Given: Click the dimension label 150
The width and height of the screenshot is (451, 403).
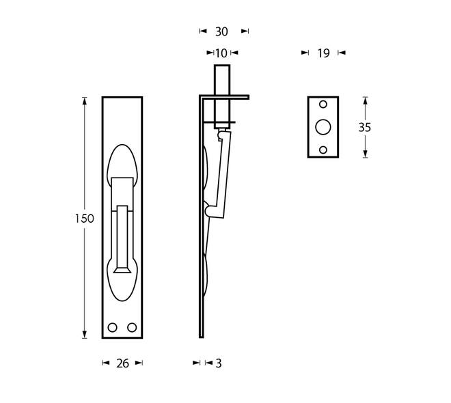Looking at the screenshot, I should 84,219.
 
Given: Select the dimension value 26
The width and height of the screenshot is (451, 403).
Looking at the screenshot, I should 122,363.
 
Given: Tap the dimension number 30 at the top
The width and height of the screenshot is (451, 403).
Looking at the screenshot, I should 221,31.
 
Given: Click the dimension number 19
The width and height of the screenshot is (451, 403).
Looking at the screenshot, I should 323,53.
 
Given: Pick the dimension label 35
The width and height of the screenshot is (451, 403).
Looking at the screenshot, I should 365,128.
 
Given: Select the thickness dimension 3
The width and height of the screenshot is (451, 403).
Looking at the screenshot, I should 219,363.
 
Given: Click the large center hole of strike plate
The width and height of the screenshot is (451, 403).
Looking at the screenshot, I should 323,127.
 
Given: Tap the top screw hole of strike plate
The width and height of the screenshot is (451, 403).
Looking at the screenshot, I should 323,105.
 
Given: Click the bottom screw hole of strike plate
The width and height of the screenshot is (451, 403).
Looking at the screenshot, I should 323,150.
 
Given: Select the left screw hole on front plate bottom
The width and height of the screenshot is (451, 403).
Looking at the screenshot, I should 113,328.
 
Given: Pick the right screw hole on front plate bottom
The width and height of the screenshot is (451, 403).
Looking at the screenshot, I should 132,328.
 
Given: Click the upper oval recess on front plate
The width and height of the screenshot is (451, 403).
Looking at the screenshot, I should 122,161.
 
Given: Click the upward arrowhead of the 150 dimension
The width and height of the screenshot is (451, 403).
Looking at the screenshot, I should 85,101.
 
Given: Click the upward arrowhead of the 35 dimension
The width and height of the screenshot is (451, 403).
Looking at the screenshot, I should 366,100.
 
